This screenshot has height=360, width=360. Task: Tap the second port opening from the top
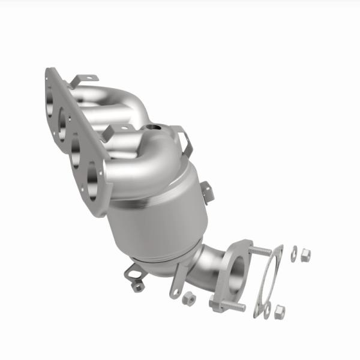62,120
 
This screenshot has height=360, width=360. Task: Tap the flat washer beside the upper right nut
293,255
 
